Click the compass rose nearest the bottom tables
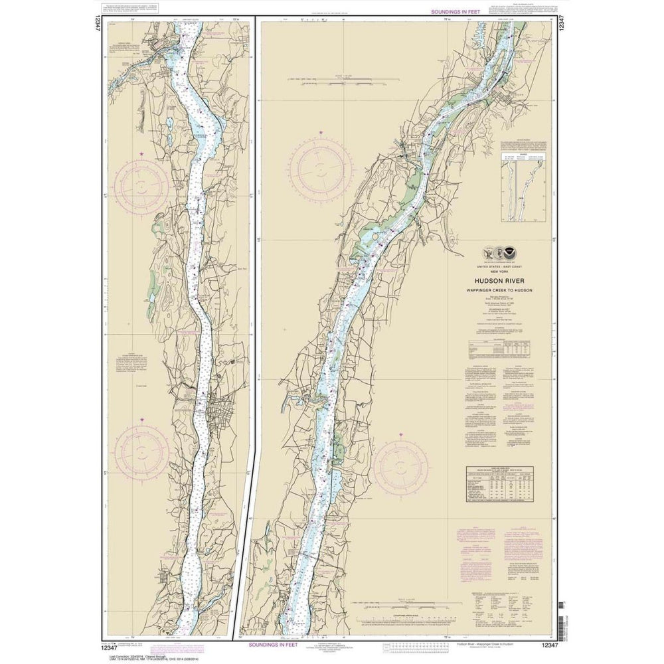[x=400, y=467]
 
